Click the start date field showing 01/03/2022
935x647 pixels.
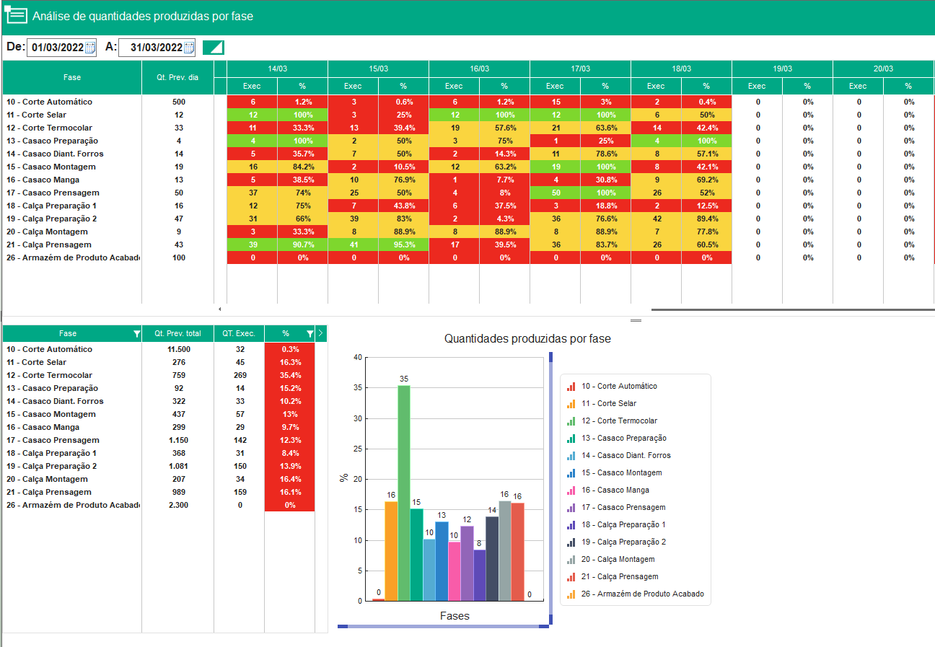(61, 47)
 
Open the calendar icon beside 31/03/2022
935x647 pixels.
(189, 47)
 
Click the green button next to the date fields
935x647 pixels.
(214, 47)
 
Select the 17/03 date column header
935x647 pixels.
(580, 69)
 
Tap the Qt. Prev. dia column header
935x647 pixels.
(177, 77)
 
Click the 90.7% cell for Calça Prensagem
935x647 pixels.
(303, 245)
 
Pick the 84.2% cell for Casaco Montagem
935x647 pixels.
(303, 167)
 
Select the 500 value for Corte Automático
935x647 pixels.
(179, 102)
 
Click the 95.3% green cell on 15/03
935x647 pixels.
(404, 245)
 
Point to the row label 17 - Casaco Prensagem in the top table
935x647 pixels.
(53, 193)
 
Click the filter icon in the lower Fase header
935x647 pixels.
(136, 333)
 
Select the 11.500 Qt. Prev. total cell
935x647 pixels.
(179, 349)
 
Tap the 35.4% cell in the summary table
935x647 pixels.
(290, 375)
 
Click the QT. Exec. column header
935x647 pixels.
(239, 333)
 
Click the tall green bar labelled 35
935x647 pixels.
(404, 493)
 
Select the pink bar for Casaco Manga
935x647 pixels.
(454, 571)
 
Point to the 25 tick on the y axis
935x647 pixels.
(358, 449)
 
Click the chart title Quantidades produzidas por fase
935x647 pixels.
(527, 338)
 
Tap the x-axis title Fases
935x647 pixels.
(455, 616)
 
